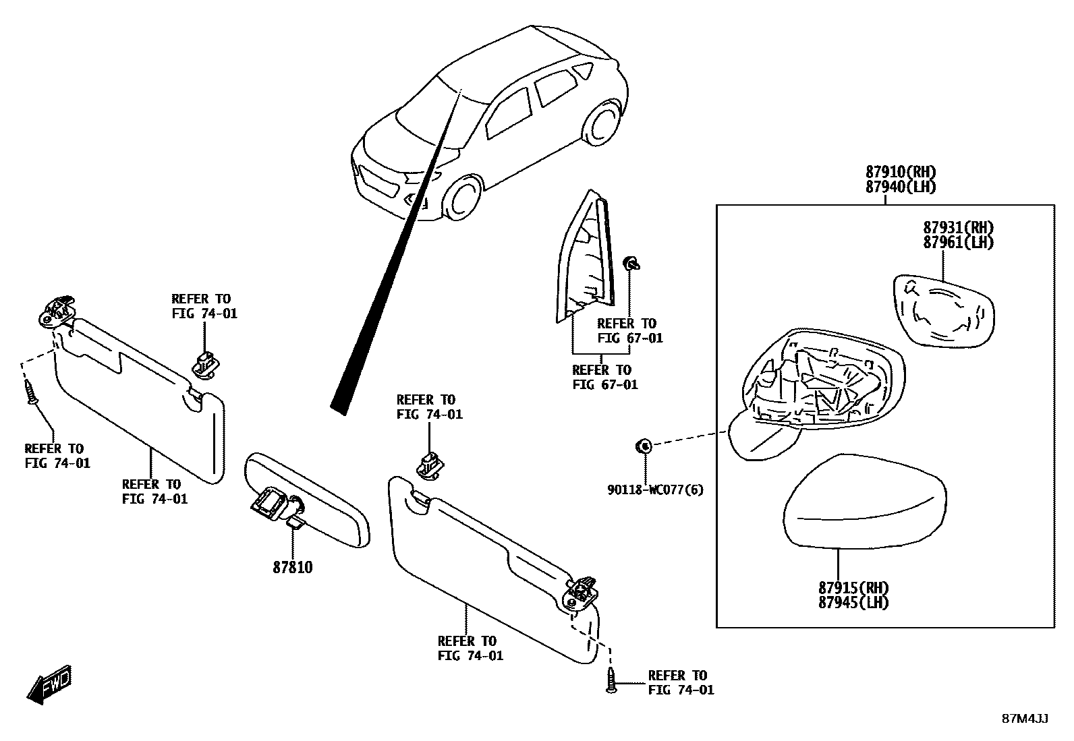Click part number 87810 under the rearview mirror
point(293,568)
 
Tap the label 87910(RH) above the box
point(901,172)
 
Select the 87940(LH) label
point(901,187)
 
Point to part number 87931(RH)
point(958,228)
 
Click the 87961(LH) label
point(958,243)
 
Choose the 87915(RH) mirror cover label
point(853,587)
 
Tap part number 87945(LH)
point(853,603)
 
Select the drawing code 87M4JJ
point(1025,719)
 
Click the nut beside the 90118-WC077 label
point(644,445)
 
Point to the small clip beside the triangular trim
point(632,263)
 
